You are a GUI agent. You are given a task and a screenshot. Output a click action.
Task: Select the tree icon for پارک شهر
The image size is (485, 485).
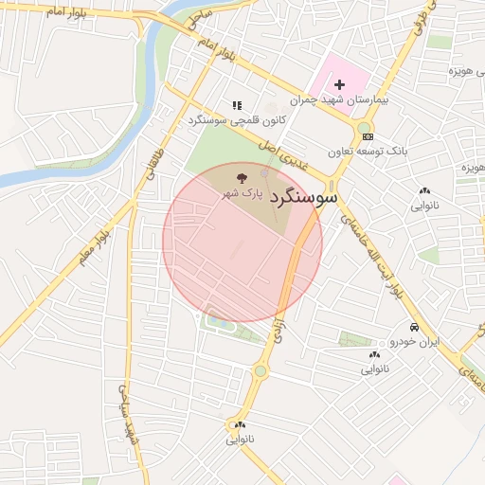coord(240,177)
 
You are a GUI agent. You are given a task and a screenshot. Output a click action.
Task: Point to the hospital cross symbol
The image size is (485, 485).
coord(339,85)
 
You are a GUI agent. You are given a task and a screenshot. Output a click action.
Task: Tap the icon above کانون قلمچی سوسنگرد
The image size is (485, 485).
coord(237,105)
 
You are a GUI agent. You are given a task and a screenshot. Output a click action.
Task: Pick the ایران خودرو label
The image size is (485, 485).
coord(415,340)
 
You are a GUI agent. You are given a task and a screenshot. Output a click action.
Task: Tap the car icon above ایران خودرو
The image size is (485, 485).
coord(415,327)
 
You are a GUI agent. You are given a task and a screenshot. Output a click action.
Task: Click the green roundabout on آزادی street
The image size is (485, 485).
coord(260,371)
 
